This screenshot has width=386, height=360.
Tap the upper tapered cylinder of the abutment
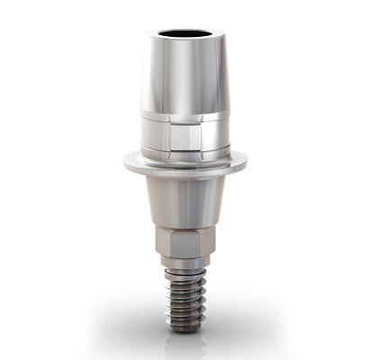click(x=184, y=76)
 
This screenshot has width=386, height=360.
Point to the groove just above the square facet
click(x=185, y=119)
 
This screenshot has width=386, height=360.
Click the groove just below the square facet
click(x=185, y=154)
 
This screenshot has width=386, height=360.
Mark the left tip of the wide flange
click(x=125, y=164)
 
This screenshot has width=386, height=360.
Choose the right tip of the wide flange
click(x=247, y=164)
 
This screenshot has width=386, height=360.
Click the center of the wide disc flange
click(x=185, y=166)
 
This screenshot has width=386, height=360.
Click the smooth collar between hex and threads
click(x=184, y=263)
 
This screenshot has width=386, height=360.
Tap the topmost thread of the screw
click(x=184, y=274)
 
